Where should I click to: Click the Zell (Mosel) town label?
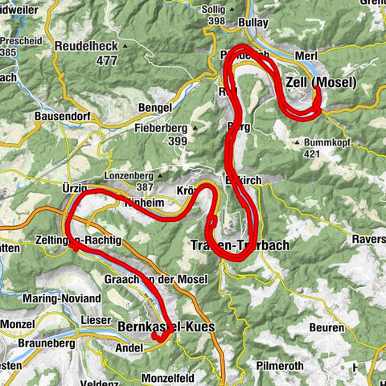[x=321, y=82]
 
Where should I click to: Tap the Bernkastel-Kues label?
[x=163, y=328]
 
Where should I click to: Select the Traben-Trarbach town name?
[x=233, y=245]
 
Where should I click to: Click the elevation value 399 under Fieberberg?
[x=179, y=140]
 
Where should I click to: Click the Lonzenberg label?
[x=129, y=175]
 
